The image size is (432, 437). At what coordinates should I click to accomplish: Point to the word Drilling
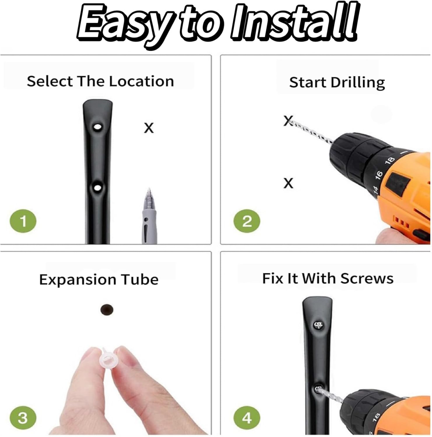tap(357, 83)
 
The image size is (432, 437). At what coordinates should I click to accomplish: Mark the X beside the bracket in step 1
tap(149, 128)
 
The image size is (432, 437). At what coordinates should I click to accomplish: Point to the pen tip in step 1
tap(149, 189)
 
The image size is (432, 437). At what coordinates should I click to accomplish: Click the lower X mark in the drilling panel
tap(288, 183)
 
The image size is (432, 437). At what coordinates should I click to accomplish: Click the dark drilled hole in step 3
tap(107, 310)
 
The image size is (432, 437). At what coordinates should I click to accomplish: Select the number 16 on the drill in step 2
tap(378, 174)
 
